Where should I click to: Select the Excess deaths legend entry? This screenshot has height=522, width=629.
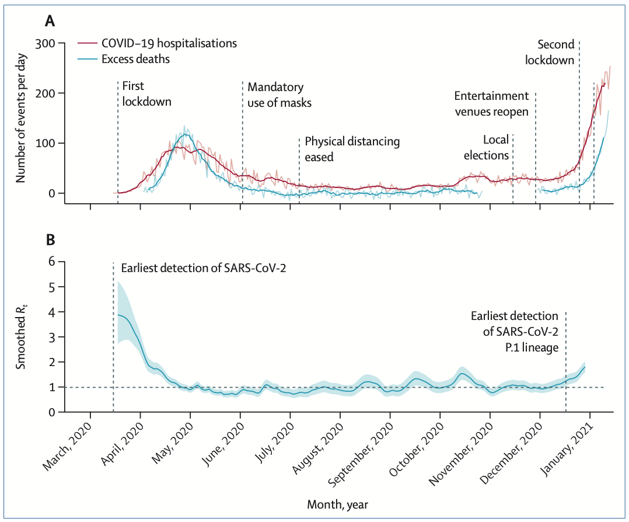(136, 60)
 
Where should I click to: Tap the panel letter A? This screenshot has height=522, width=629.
(51, 22)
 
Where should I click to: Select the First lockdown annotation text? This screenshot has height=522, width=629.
(146, 94)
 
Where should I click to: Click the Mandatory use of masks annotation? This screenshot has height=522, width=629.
(279, 95)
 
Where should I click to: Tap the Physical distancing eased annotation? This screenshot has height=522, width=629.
(352, 149)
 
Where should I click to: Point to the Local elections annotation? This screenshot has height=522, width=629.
(496, 147)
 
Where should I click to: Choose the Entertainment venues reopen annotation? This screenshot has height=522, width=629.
(491, 103)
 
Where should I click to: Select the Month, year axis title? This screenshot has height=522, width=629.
(338, 502)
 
